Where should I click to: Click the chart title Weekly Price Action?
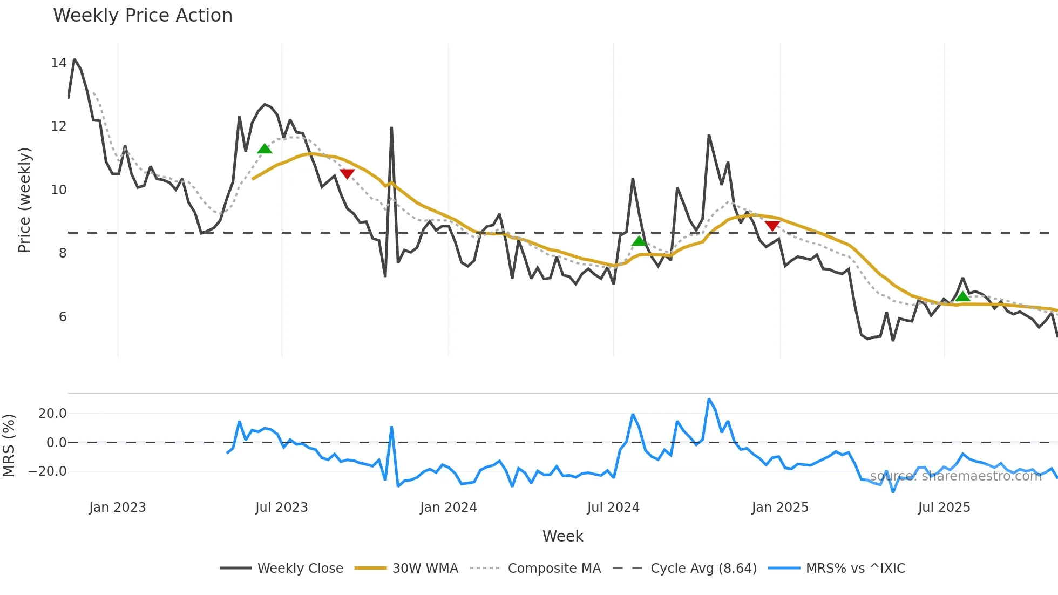pyautogui.click(x=143, y=16)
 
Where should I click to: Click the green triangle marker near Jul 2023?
pyautogui.click(x=264, y=149)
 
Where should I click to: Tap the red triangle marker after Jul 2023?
pyautogui.click(x=347, y=173)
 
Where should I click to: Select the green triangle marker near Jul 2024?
pyautogui.click(x=639, y=241)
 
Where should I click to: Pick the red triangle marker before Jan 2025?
pyautogui.click(x=772, y=226)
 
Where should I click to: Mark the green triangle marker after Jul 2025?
pyautogui.click(x=962, y=296)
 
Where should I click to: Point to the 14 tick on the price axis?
pyautogui.click(x=58, y=63)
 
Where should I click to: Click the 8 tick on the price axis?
pyautogui.click(x=63, y=253)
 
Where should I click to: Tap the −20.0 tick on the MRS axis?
pyautogui.click(x=48, y=471)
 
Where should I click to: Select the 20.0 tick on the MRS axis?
pyautogui.click(x=52, y=414)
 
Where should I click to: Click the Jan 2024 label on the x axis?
pyautogui.click(x=448, y=508)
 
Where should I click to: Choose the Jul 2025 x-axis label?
pyautogui.click(x=944, y=508)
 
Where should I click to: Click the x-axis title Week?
pyautogui.click(x=562, y=536)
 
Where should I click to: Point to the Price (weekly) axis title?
pyautogui.click(x=24, y=200)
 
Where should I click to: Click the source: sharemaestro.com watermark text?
pyautogui.click(x=955, y=476)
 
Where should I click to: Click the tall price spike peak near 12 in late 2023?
pyautogui.click(x=391, y=128)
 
